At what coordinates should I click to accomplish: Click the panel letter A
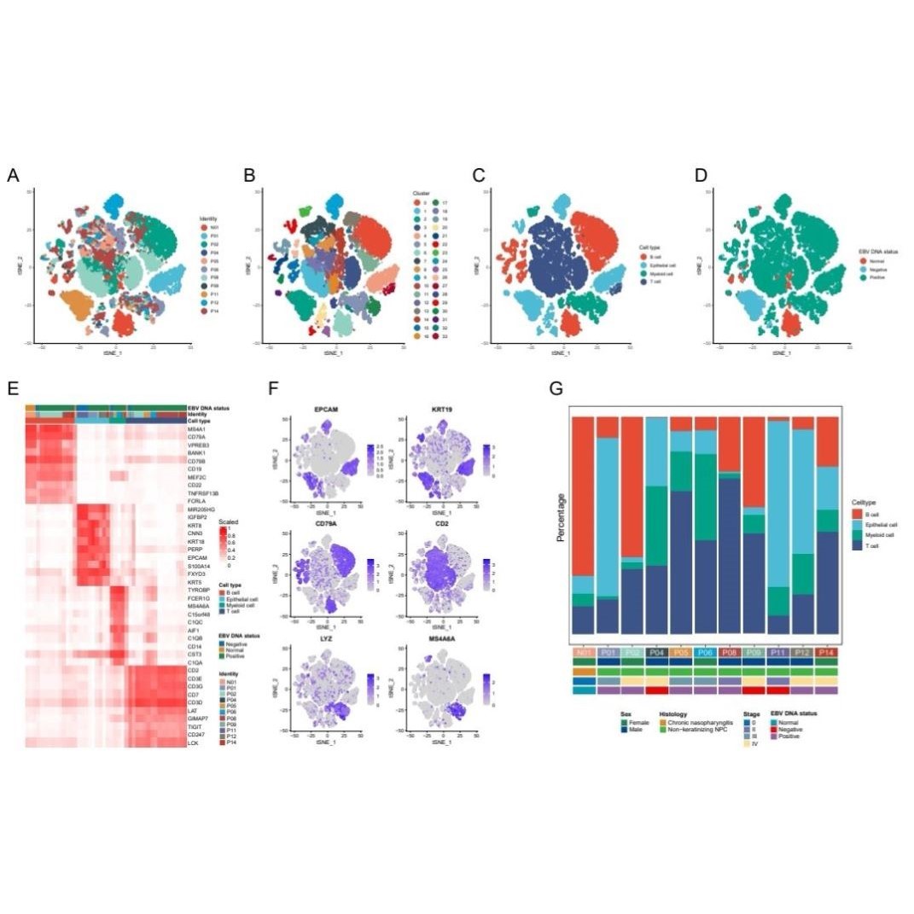pos(13,176)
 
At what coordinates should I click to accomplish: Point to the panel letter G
pos(556,389)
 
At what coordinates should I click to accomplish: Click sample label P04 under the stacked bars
pos(656,652)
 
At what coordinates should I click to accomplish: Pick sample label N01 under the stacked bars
pos(583,652)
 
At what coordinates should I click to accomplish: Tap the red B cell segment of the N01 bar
pos(583,495)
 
